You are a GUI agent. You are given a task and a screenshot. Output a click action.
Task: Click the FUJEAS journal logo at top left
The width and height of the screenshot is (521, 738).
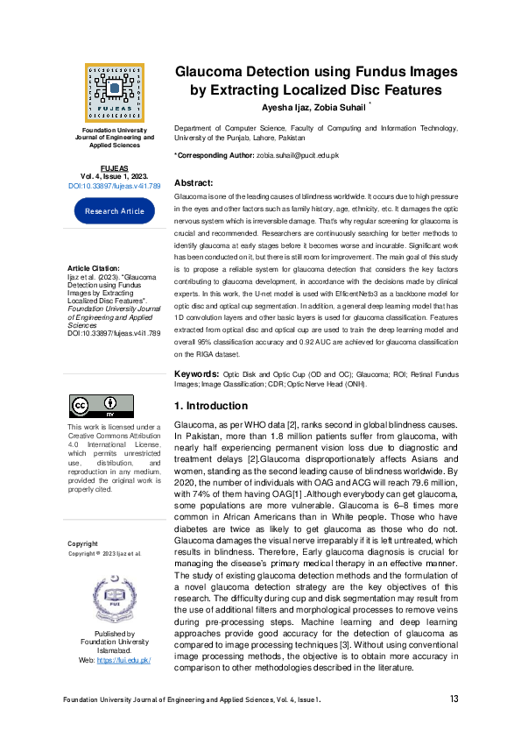click(114, 90)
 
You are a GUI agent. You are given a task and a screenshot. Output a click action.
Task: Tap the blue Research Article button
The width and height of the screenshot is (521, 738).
click(114, 211)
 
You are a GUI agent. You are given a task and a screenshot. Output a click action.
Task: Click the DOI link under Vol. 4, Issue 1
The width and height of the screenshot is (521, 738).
click(114, 186)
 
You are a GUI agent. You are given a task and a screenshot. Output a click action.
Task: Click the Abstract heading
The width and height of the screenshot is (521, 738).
click(194, 182)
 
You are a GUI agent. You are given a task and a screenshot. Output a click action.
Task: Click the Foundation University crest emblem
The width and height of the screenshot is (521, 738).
click(114, 597)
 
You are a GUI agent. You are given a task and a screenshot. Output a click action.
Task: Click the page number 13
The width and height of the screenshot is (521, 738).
click(454, 699)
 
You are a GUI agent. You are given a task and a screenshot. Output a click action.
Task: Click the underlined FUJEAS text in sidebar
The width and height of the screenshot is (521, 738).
click(114, 167)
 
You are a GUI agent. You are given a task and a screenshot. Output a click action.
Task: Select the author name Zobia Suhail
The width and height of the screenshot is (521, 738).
click(343, 107)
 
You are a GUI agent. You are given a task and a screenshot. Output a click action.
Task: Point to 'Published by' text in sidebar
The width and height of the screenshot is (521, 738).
click(114, 634)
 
